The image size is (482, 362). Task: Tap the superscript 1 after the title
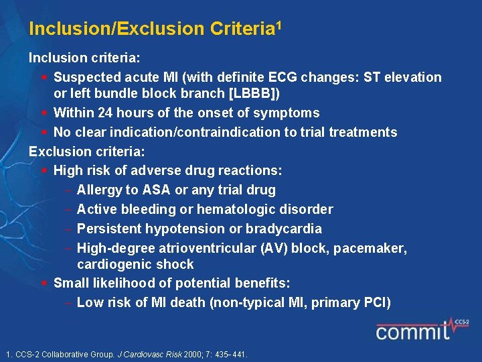[278, 25]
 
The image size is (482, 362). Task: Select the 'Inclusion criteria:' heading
[84, 58]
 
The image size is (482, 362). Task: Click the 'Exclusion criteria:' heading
[86, 152]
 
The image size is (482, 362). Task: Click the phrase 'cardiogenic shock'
[135, 264]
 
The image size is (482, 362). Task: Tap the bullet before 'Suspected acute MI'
[44, 77]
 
